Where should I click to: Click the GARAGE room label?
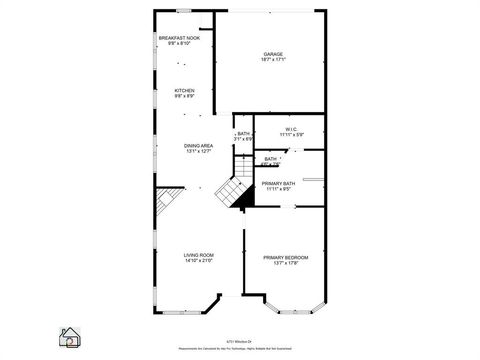click(x=272, y=54)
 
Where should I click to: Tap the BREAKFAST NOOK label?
click(x=179, y=38)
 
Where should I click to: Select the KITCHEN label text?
click(x=185, y=90)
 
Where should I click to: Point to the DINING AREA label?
click(x=198, y=146)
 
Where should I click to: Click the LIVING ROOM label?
click(x=198, y=256)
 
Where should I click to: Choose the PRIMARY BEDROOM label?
click(x=286, y=257)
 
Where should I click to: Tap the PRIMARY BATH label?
click(x=278, y=184)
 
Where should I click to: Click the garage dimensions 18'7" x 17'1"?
click(x=272, y=60)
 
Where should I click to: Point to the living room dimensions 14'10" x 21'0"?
click(x=198, y=262)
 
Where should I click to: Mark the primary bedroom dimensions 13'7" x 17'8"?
click(x=286, y=263)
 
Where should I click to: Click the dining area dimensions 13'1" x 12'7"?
click(x=198, y=152)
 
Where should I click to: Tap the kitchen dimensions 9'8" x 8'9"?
click(x=185, y=96)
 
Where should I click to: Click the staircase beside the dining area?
click(x=233, y=187)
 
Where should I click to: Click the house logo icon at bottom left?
click(x=70, y=336)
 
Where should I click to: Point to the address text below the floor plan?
click(x=240, y=339)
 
